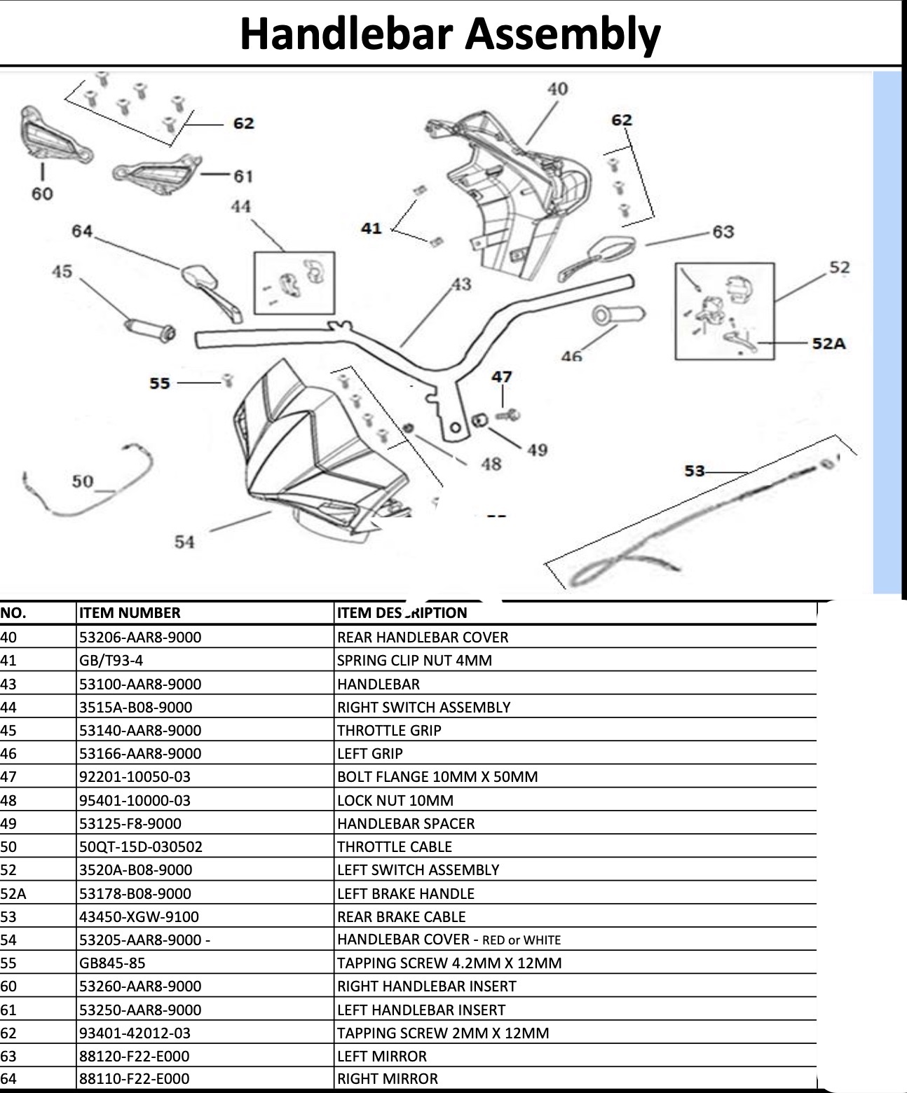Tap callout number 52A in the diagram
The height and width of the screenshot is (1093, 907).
828,343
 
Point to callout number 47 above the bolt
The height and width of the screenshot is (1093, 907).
501,377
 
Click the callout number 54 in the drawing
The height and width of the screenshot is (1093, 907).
184,542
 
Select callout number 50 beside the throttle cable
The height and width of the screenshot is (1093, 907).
82,481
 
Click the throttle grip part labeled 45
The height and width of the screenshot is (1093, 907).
149,329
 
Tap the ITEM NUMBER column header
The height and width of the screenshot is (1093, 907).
130,613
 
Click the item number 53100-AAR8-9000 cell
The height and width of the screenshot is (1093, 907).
140,684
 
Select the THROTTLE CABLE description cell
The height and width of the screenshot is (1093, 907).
395,846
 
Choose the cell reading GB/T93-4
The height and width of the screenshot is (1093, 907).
111,660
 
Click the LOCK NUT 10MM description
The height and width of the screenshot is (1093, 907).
395,800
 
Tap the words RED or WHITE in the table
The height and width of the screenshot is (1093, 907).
521,940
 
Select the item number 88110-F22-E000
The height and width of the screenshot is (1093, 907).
134,1079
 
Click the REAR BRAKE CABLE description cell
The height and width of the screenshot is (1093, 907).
401,916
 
